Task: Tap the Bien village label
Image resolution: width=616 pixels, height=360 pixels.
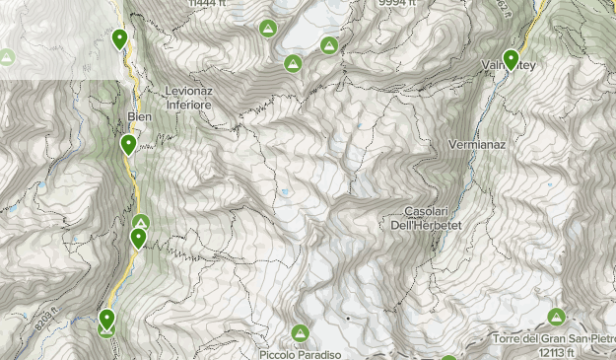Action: (140, 116)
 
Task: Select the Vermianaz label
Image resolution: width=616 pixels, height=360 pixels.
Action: (476, 144)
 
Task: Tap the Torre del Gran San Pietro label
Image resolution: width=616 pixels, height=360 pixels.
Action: (554, 339)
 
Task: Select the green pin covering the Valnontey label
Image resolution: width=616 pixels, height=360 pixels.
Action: (511, 58)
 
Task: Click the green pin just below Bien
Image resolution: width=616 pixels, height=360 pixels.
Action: (128, 145)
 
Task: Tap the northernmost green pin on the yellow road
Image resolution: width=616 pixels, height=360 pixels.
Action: (119, 39)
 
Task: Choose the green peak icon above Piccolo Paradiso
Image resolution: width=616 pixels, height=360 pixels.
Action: (300, 332)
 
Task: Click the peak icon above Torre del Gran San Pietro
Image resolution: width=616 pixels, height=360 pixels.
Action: (556, 317)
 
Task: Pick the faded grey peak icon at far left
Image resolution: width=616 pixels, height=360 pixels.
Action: (7, 58)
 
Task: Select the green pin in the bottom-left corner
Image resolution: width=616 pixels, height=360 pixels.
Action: (105, 319)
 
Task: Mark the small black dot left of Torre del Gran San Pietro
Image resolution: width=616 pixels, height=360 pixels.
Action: (349, 319)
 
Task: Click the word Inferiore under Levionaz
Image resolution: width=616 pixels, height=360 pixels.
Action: (189, 105)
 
